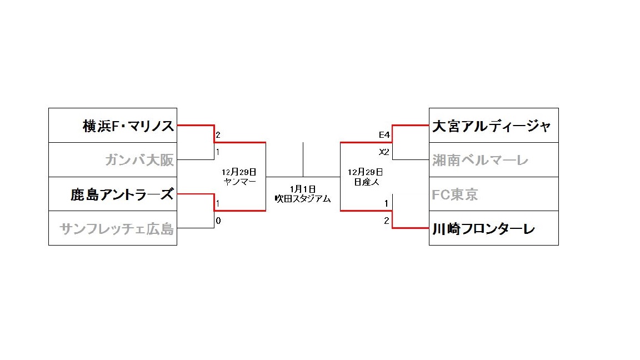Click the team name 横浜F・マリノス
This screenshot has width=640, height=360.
coord(128,126)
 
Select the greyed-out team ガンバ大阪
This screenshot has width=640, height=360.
coord(139,161)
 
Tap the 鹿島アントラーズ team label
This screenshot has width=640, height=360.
coord(122,194)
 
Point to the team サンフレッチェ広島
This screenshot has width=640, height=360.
coord(117,228)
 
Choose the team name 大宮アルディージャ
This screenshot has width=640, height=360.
coord(492,126)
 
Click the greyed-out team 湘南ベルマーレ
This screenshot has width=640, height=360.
coord(481,161)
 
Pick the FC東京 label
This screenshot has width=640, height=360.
coord(455,194)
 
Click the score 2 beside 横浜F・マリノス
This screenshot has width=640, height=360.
coord(218,135)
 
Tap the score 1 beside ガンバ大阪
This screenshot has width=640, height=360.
coord(218,152)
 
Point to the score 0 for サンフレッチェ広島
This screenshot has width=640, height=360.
coord(218,221)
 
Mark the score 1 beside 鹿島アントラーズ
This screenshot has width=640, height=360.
coord(218,203)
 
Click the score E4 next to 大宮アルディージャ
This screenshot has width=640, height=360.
coord(384,135)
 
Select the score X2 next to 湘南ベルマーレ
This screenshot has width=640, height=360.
coord(384,152)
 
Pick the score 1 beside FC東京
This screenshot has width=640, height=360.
coord(387,203)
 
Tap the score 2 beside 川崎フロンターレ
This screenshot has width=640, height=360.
coord(387,221)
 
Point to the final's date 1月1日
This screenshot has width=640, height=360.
coord(303,189)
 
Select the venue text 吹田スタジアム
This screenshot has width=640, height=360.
coord(303,198)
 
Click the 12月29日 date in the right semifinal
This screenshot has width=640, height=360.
coord(366,172)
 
